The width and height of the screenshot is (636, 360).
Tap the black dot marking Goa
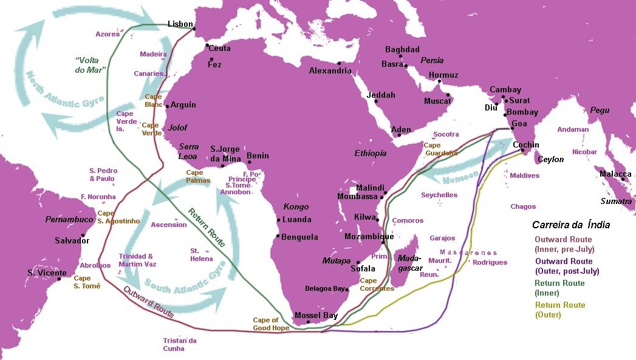pos(512,129)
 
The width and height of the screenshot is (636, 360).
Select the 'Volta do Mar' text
pos(91,65)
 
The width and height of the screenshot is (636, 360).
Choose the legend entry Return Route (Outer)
pos(559,310)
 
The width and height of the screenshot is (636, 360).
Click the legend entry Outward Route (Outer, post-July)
pos(566,266)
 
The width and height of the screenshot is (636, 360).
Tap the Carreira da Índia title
pos(570,225)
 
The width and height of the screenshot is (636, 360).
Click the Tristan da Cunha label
pos(180,344)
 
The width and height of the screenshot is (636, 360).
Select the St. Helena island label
pos(202,254)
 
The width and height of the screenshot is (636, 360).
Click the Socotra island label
pos(446,134)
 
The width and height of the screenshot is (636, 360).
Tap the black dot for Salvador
pos(83,236)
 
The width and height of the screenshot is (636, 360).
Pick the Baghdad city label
pos(402,49)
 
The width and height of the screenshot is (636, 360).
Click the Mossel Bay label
pos(316,316)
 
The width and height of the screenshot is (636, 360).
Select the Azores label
pos(108,34)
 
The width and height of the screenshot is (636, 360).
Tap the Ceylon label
pos(550,160)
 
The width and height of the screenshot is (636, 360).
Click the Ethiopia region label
pos(371,153)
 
